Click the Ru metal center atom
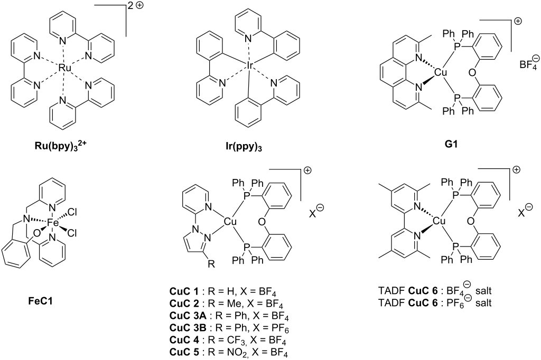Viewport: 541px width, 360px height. tap(64, 68)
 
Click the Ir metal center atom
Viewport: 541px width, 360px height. tap(250, 65)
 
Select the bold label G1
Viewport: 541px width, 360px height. tap(451, 144)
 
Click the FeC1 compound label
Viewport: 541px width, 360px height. tap(40, 301)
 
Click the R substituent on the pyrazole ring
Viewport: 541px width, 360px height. tap(212, 264)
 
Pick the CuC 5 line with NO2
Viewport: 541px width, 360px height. tap(228, 353)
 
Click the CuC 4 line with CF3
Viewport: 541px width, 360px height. tap(228, 340)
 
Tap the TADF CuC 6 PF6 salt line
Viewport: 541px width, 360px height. tap(435, 303)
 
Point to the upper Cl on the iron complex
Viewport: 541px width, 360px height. tap(72, 212)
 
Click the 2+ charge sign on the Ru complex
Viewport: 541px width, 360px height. tap(135, 6)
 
